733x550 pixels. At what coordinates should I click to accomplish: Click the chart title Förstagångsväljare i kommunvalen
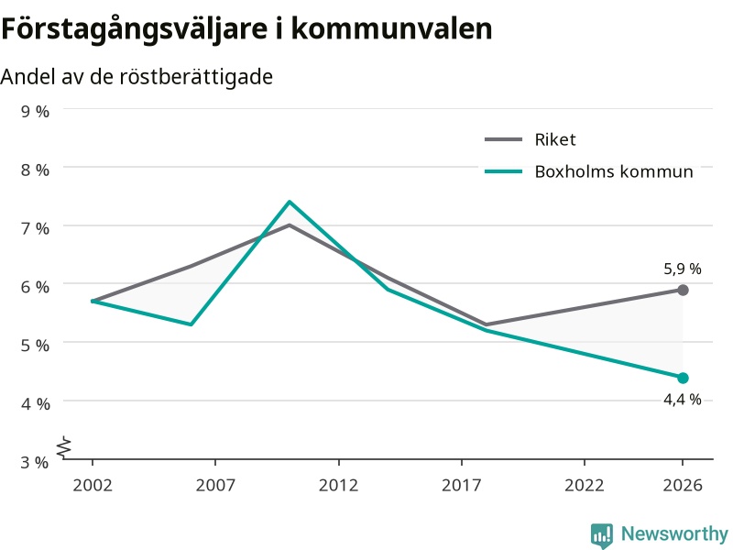coord(246,29)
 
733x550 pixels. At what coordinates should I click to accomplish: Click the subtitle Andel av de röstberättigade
coord(137,77)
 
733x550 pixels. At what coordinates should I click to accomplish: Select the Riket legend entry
coord(531,139)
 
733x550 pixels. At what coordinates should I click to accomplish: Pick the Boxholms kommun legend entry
coord(589,171)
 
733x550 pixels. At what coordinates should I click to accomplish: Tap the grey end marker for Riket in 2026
coord(683,290)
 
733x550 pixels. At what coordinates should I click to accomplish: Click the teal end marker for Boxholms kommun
coord(683,378)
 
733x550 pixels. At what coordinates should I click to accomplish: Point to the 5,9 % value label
coord(683,269)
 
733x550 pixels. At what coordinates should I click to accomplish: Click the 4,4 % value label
coord(683,400)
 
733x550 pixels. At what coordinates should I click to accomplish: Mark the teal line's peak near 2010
coord(290,202)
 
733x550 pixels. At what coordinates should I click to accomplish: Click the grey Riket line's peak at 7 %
coord(290,225)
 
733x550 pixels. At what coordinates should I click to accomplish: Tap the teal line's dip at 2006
coord(191,324)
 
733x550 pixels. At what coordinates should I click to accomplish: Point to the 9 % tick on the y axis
coord(35,111)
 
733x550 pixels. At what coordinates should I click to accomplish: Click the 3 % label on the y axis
coord(35,462)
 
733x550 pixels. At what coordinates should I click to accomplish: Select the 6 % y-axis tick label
coord(35,287)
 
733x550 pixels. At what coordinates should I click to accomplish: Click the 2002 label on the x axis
coord(93,485)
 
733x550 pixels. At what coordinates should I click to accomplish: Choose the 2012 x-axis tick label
coord(338,485)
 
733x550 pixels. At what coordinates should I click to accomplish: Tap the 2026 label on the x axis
coord(683,485)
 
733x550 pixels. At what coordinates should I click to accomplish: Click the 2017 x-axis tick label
coord(462,485)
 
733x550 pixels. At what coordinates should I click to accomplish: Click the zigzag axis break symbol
coord(64,447)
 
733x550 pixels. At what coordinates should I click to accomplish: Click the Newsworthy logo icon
coord(602,534)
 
